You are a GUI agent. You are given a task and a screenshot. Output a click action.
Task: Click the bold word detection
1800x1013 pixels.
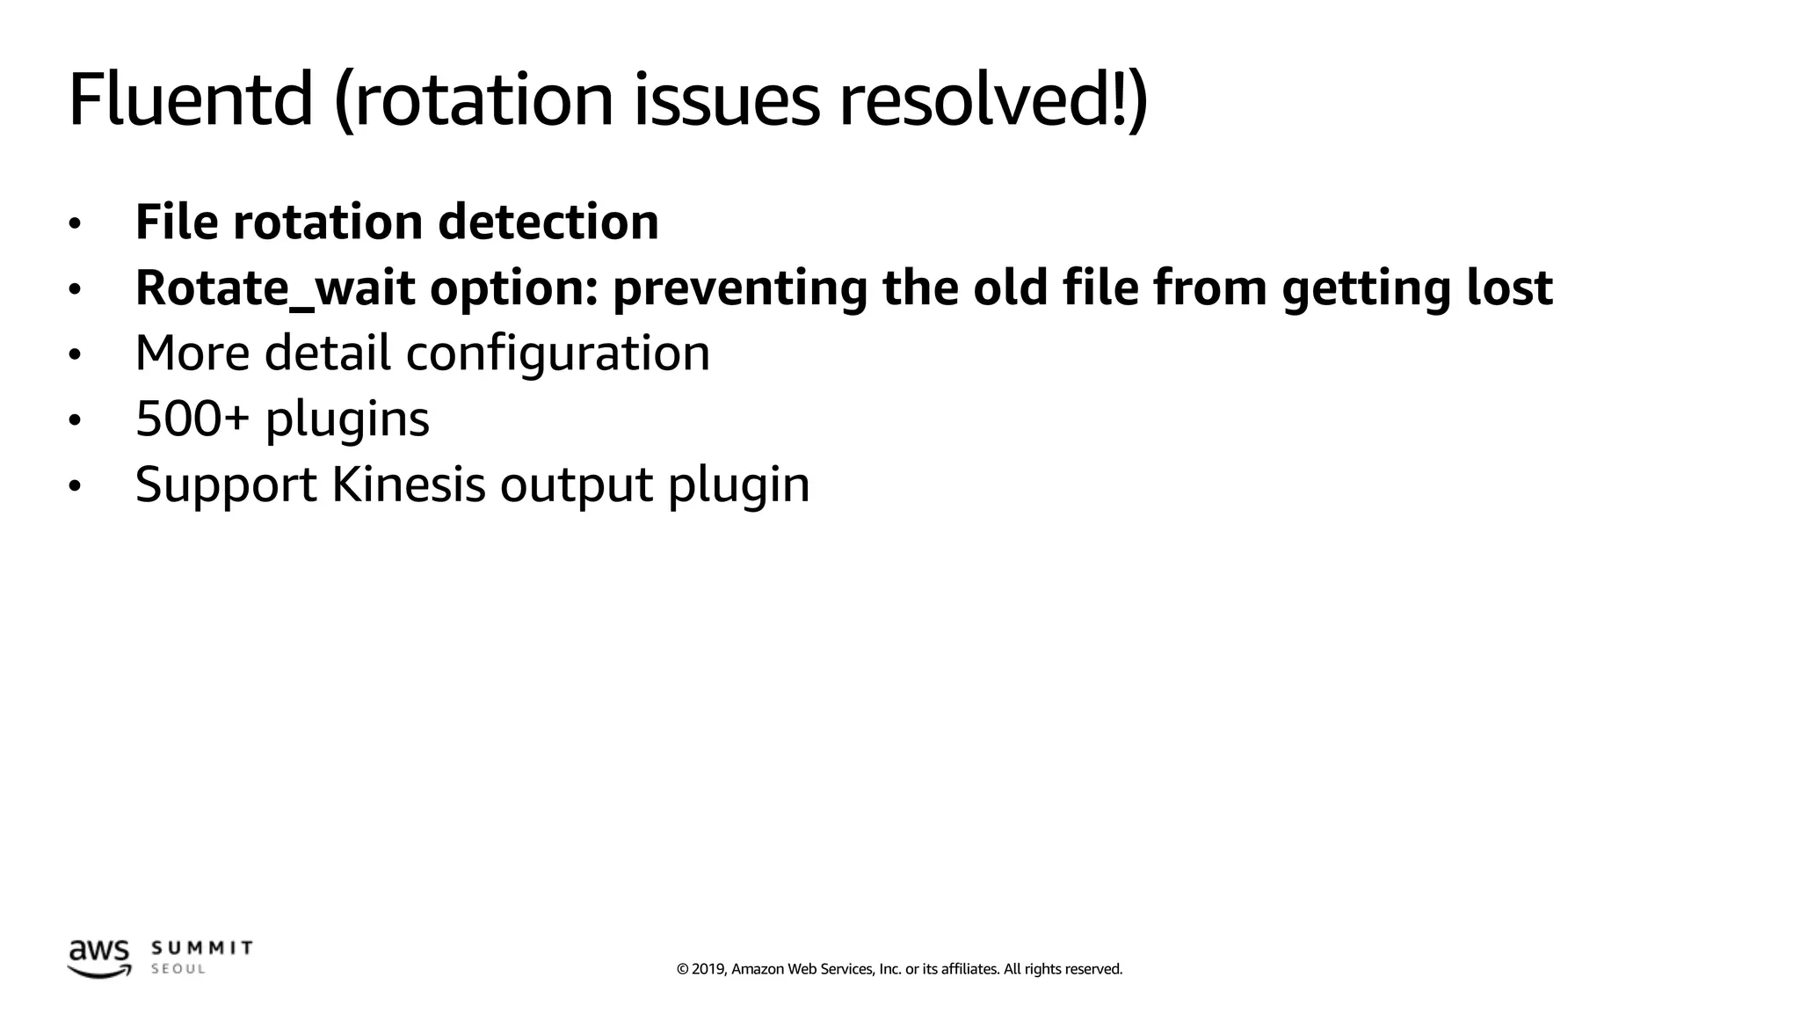pyautogui.click(x=548, y=222)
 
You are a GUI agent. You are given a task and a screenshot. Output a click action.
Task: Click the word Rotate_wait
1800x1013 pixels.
pyautogui.click(x=274, y=288)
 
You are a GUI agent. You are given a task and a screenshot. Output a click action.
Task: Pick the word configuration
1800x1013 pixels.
pyautogui.click(x=557, y=353)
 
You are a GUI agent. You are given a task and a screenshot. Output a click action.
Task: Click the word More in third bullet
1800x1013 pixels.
pyautogui.click(x=192, y=353)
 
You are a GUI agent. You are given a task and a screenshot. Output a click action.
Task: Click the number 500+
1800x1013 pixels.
pyautogui.click(x=192, y=419)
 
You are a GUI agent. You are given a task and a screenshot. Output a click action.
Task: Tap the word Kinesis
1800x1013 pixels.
pyautogui.click(x=408, y=485)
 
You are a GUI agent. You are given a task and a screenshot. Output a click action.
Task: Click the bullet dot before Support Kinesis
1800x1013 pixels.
pyautogui.click(x=75, y=486)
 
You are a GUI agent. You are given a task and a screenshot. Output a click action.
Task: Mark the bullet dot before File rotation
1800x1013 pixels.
pyautogui.click(x=75, y=224)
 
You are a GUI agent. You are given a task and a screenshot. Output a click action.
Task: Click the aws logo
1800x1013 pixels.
pyautogui.click(x=99, y=958)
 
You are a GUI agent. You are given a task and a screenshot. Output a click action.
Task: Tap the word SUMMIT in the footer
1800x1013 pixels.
pyautogui.click(x=202, y=948)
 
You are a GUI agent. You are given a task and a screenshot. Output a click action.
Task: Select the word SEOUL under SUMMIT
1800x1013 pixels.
pyautogui.click(x=178, y=969)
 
